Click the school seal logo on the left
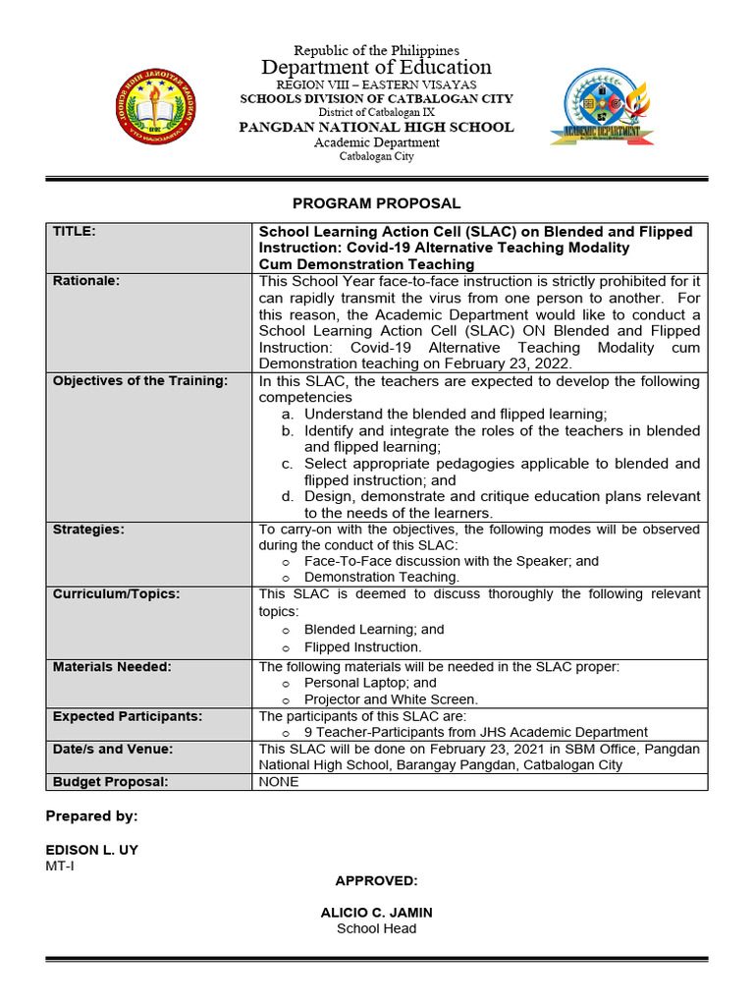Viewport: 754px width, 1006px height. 158,106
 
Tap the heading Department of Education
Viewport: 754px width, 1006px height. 377,67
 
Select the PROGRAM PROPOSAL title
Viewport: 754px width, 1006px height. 377,203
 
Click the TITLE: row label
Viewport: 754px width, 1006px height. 75,231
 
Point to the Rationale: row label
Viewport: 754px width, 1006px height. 86,281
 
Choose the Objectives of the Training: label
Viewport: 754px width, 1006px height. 140,380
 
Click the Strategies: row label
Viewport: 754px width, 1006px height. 88,530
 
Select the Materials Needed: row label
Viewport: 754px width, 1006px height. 112,667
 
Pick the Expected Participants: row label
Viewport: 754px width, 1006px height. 128,716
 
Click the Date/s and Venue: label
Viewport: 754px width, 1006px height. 113,749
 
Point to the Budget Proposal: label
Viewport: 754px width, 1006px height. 111,782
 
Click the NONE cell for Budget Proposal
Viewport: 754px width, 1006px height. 279,782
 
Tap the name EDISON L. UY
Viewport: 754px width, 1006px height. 92,850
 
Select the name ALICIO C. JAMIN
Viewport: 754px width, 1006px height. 377,913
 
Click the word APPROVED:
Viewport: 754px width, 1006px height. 377,880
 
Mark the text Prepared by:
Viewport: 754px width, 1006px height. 92,816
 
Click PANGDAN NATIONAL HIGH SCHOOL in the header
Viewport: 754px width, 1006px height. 377,127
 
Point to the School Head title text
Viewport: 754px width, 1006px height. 377,928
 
